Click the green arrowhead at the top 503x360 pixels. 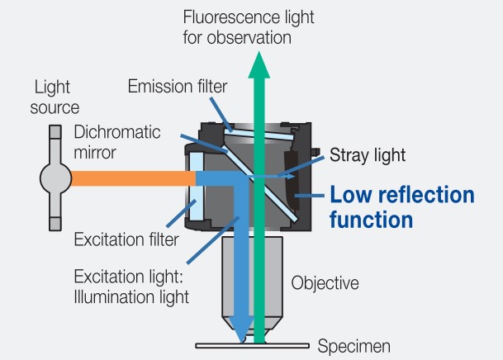tap(259, 65)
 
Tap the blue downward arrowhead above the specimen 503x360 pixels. tap(241, 330)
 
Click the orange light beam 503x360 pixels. tap(134, 178)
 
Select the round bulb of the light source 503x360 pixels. tap(55, 178)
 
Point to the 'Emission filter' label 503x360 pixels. tap(178, 86)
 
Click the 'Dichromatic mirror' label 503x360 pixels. tap(117, 142)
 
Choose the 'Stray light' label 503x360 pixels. tap(368, 155)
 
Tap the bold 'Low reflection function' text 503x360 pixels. tap(402, 207)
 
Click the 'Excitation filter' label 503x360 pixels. tap(126, 239)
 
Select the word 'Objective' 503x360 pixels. tap(325, 282)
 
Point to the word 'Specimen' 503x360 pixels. tap(354, 346)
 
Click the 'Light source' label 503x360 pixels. tap(55, 97)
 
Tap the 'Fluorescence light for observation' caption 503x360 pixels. tap(249, 27)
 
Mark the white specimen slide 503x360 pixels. tap(253, 346)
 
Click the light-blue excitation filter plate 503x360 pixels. tap(197, 187)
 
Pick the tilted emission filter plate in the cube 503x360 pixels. tap(259, 135)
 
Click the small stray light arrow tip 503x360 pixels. tap(292, 176)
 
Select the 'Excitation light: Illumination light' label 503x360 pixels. tap(131, 287)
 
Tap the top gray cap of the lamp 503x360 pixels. tap(55, 132)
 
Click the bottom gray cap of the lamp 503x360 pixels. tap(55, 224)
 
